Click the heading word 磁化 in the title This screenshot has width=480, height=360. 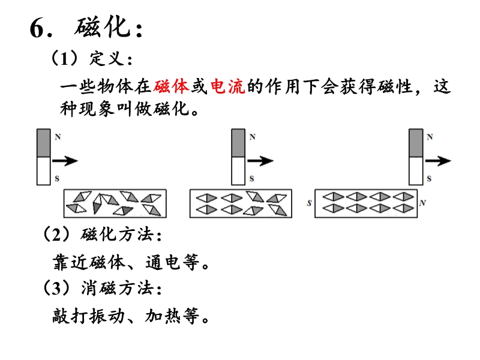pyautogui.click(x=106, y=28)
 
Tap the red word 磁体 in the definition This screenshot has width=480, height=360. pyautogui.click(x=171, y=87)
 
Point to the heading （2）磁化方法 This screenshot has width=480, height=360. pyautogui.click(x=101, y=234)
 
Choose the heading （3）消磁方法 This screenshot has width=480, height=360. pyautogui.click(x=101, y=289)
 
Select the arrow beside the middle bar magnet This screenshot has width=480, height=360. pyautogui.click(x=260, y=160)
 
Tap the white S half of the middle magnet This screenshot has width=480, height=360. pyautogui.click(x=238, y=171)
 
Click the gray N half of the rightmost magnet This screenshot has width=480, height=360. pyautogui.click(x=415, y=143)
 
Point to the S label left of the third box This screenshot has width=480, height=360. pyautogui.click(x=308, y=203)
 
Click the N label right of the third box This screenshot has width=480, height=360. pyautogui.click(x=422, y=203)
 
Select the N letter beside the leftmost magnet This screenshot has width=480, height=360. pyautogui.click(x=57, y=137)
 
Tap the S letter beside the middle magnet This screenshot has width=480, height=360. pyautogui.click(x=252, y=179)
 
